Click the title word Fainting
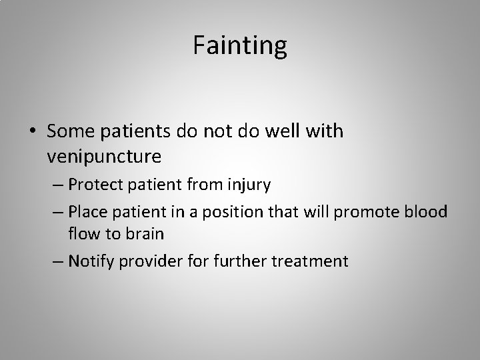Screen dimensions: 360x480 (x=240, y=45)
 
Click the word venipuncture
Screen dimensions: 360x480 (x=105, y=157)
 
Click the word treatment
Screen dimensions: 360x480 (x=311, y=260)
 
